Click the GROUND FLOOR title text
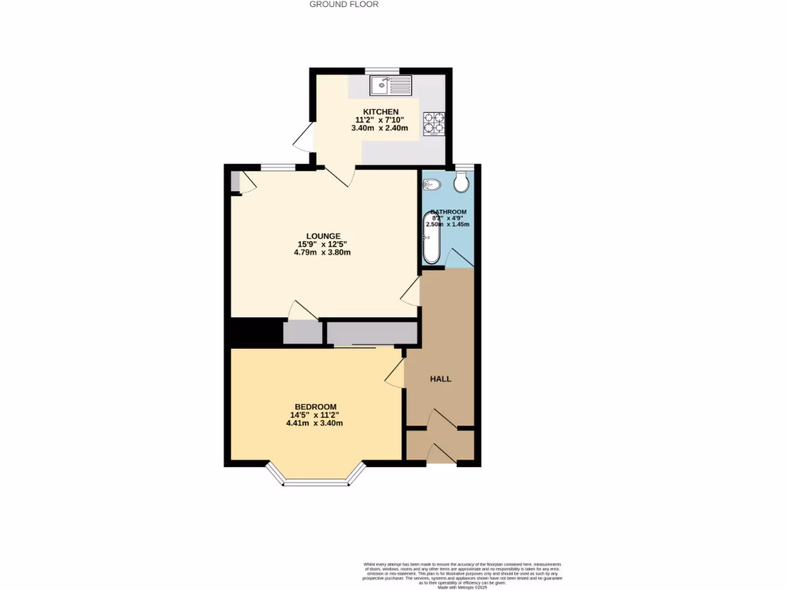[343, 4]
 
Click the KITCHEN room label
[381, 111]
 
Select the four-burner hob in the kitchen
[434, 124]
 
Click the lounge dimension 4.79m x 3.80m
[322, 253]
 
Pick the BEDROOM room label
[315, 406]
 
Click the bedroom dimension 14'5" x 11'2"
[315, 415]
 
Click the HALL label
[441, 379]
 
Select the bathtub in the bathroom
[432, 239]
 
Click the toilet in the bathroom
[461, 182]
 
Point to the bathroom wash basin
[432, 184]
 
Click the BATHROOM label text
[448, 212]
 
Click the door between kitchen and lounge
[339, 175]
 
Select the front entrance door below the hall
[441, 455]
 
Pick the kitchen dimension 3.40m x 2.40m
[381, 128]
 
